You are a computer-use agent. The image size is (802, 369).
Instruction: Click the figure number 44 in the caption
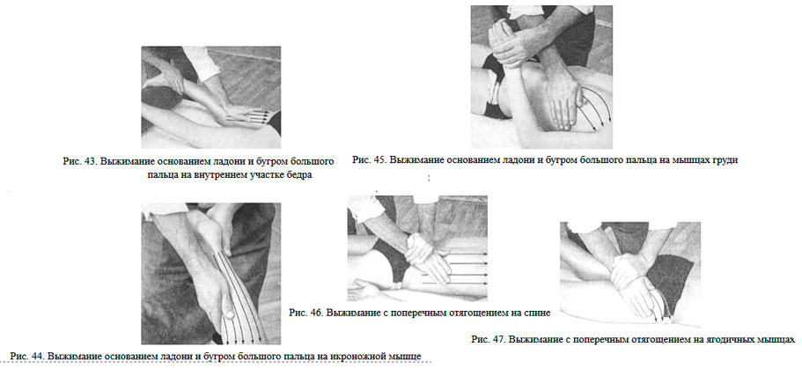tap(37, 355)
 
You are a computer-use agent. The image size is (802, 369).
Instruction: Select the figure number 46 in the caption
tap(315, 312)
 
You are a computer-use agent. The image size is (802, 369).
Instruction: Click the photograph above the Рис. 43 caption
tap(210, 97)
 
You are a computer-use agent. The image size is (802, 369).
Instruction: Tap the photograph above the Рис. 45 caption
tap(541, 77)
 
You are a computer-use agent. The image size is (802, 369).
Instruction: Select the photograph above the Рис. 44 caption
tap(210, 273)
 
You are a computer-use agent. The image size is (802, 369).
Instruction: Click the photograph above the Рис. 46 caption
tap(417, 248)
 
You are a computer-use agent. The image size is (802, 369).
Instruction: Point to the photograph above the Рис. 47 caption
tap(630, 274)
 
